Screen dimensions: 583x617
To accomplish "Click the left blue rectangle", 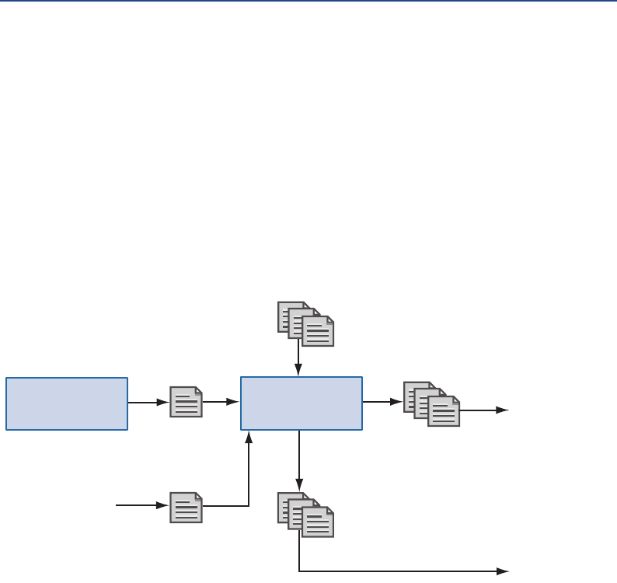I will point(67,403).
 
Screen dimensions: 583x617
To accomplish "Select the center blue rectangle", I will point(302,403).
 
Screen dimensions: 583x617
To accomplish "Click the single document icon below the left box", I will point(186,507).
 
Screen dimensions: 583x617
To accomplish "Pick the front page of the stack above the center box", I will point(318,332).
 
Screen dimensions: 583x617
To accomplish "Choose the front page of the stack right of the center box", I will point(444,412).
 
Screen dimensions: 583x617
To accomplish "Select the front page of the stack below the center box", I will point(318,522).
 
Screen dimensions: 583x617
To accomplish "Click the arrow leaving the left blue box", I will point(148,403).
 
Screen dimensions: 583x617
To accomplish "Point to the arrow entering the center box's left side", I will point(221,403).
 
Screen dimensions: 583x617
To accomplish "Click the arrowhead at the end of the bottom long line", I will point(504,571).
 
